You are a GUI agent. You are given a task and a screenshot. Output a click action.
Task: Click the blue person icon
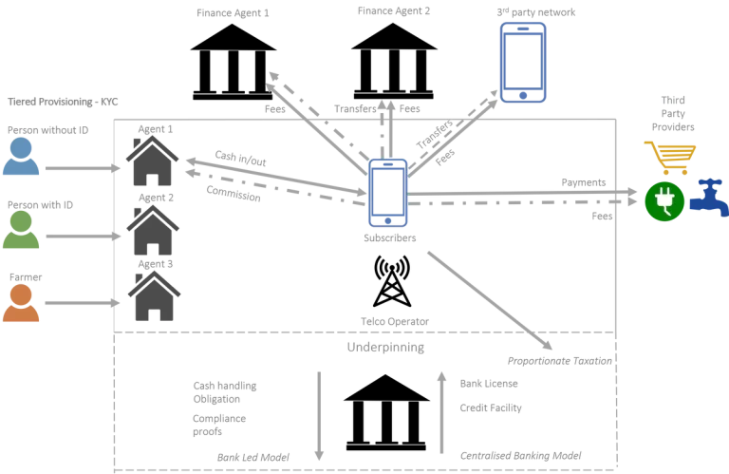[21, 157]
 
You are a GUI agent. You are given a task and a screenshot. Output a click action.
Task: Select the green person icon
[23, 230]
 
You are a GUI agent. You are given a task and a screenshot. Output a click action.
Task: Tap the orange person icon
[21, 302]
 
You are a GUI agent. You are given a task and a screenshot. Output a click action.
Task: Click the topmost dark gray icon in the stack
[154, 161]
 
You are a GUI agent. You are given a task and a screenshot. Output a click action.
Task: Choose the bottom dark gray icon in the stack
[154, 294]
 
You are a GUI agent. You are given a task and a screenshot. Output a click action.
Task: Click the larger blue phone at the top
[523, 60]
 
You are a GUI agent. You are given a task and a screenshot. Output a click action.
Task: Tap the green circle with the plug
[664, 201]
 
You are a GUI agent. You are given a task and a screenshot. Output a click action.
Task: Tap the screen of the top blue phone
[523, 59]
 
